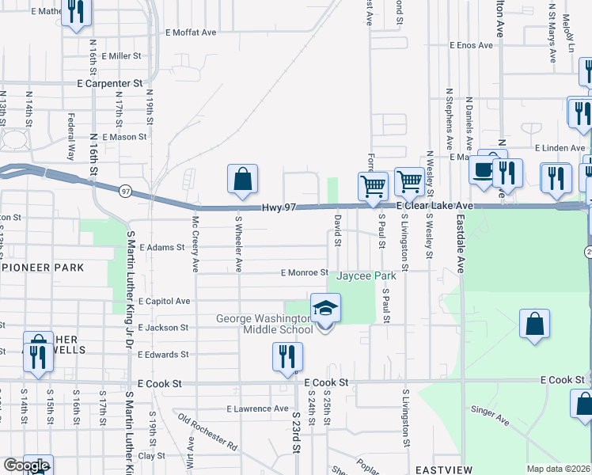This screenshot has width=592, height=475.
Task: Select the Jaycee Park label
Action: pos(366,276)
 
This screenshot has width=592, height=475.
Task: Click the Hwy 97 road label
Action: pos(279,207)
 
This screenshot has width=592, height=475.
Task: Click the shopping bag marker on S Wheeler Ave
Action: pos(242,180)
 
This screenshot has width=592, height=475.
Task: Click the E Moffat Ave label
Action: pos(191,32)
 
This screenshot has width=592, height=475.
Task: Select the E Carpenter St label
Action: pos(109,82)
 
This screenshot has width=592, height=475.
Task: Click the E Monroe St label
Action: pos(305,272)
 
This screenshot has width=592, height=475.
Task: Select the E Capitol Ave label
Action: pos(164,301)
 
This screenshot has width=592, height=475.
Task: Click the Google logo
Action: pos(26,465)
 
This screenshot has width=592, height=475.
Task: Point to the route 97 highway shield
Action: pos(125,191)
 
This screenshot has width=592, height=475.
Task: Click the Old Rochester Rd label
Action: pos(207,431)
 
